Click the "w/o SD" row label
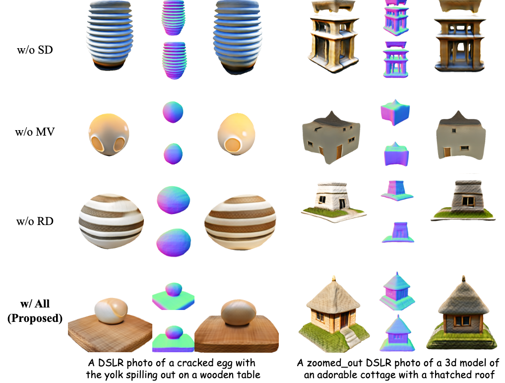tap(35, 50)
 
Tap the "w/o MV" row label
tap(35, 132)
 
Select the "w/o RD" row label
tap(35, 221)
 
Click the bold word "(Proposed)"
tap(35, 318)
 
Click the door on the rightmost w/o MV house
tap(447, 152)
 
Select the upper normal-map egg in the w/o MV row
tap(173, 112)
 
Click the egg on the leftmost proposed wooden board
tap(111, 311)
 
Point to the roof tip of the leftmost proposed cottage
tap(334, 277)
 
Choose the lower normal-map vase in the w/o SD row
tap(174, 60)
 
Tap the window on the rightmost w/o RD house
tap(468, 202)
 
